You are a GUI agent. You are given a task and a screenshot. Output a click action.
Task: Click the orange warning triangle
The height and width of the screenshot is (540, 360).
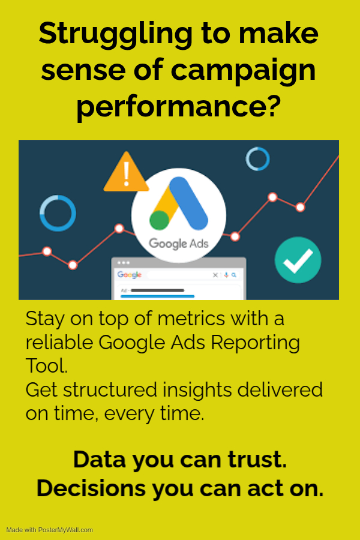tap(126, 172)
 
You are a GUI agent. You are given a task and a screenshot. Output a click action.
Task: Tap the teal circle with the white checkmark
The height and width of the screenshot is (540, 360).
tap(298, 260)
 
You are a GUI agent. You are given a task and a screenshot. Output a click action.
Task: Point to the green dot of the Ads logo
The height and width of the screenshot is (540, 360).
tap(159, 220)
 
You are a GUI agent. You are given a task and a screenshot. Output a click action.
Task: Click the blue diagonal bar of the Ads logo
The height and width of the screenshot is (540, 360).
tap(189, 203)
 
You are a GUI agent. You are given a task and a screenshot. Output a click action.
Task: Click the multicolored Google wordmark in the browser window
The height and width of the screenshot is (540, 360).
tap(130, 274)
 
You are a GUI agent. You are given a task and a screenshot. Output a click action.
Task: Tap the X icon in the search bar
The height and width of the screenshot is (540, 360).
tap(215, 275)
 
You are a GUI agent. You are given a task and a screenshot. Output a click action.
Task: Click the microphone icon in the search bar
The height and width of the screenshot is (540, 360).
tap(226, 275)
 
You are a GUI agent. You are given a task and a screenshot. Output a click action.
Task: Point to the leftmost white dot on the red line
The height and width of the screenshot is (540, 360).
tap(47, 251)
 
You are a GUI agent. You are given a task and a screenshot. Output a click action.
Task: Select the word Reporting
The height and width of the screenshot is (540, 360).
tap(255, 343)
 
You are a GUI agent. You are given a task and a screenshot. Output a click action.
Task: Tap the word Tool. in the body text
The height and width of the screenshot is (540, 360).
tap(47, 366)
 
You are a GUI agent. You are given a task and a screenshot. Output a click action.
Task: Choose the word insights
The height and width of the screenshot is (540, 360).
tap(197, 391)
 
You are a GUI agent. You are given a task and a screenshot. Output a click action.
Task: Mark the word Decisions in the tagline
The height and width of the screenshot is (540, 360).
tap(91, 488)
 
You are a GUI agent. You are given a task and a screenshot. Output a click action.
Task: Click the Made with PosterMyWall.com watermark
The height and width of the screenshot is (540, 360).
tap(50, 530)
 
